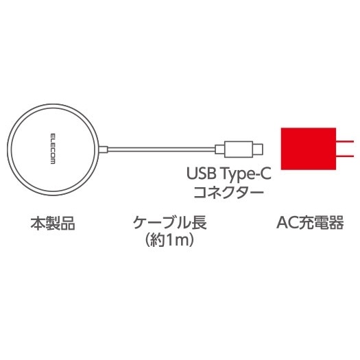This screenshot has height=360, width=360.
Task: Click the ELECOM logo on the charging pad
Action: click(53, 149)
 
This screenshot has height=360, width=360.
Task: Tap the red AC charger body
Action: click(309, 149)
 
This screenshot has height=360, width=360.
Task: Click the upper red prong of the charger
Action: click(345, 142)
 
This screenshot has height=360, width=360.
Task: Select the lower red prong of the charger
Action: click(345, 156)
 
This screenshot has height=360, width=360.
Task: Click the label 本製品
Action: click(53, 223)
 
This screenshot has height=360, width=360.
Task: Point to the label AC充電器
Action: click(310, 222)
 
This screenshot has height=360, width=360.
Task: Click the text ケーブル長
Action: click(169, 222)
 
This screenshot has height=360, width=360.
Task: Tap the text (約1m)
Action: click(169, 240)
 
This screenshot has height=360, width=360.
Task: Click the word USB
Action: click(202, 173)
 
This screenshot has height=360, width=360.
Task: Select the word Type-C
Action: click(246, 174)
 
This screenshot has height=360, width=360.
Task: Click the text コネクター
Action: click(228, 191)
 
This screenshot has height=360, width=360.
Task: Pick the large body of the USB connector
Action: click(239, 149)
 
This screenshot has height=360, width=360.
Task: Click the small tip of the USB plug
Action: click(258, 149)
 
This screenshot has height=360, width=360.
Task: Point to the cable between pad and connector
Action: click(161, 149)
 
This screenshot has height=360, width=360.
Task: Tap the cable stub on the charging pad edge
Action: click(104, 149)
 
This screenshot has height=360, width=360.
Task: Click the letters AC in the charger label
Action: click(287, 222)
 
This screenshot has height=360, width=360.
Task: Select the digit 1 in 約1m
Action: click(169, 240)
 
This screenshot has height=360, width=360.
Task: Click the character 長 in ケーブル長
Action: click(199, 222)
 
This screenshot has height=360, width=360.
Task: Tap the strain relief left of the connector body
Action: click(219, 149)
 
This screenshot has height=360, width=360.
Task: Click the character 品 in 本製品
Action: click(68, 223)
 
